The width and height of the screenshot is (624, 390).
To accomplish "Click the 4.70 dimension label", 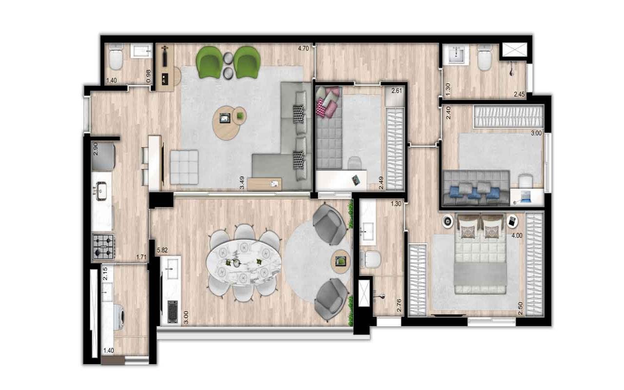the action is coord(303,48).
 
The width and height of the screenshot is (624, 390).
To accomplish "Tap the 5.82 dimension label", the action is coord(162,250).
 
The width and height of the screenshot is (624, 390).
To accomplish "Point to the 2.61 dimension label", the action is coord(397,91).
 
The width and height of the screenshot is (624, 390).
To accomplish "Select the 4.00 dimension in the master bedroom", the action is coord(517,235).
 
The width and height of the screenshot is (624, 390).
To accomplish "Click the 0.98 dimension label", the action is coord(149,76).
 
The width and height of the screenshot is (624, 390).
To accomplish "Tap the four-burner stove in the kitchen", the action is coord(103,247).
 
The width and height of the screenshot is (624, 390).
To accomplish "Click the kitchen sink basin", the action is coord(100,191).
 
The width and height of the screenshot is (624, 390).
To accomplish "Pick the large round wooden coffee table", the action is coord(226,123).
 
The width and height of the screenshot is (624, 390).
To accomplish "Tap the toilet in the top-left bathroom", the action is coord(116,58).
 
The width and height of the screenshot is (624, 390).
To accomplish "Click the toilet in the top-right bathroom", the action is coord(485,58).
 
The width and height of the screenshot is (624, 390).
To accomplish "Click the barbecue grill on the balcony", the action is coord(173,312).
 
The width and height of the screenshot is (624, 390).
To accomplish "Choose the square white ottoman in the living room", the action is coord(184,167).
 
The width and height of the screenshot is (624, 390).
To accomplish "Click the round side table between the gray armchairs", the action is coord(340,261).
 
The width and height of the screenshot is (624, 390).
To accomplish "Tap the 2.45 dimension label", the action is coord(519,94).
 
